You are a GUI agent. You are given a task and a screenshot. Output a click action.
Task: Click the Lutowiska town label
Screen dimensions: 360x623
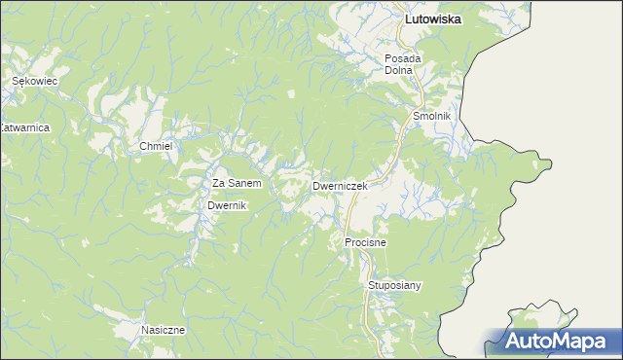433,18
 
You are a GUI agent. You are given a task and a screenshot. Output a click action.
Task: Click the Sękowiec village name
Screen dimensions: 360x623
35,83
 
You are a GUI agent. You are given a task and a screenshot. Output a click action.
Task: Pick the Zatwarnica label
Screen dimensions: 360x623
24,127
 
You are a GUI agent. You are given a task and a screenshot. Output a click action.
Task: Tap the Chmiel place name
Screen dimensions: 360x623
156,146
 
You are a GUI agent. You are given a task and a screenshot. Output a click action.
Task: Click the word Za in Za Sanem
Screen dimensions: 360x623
219,183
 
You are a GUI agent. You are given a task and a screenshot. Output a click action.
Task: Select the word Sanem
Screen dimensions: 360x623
244,183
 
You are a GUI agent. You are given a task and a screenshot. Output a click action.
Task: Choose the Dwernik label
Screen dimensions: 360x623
229,206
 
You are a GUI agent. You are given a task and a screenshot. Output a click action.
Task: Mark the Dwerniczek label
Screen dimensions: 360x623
340,185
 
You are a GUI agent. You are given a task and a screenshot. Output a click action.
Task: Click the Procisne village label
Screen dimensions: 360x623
365,241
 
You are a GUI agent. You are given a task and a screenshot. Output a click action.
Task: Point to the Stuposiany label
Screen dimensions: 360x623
394,285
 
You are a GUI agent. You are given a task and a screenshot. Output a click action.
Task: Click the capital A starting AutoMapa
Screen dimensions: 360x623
513,342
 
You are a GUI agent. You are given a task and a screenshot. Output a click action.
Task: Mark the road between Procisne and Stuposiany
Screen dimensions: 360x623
369,264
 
